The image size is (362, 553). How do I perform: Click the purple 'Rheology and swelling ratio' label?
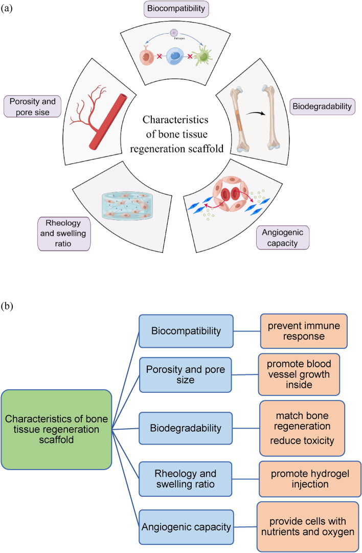point(64,233)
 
